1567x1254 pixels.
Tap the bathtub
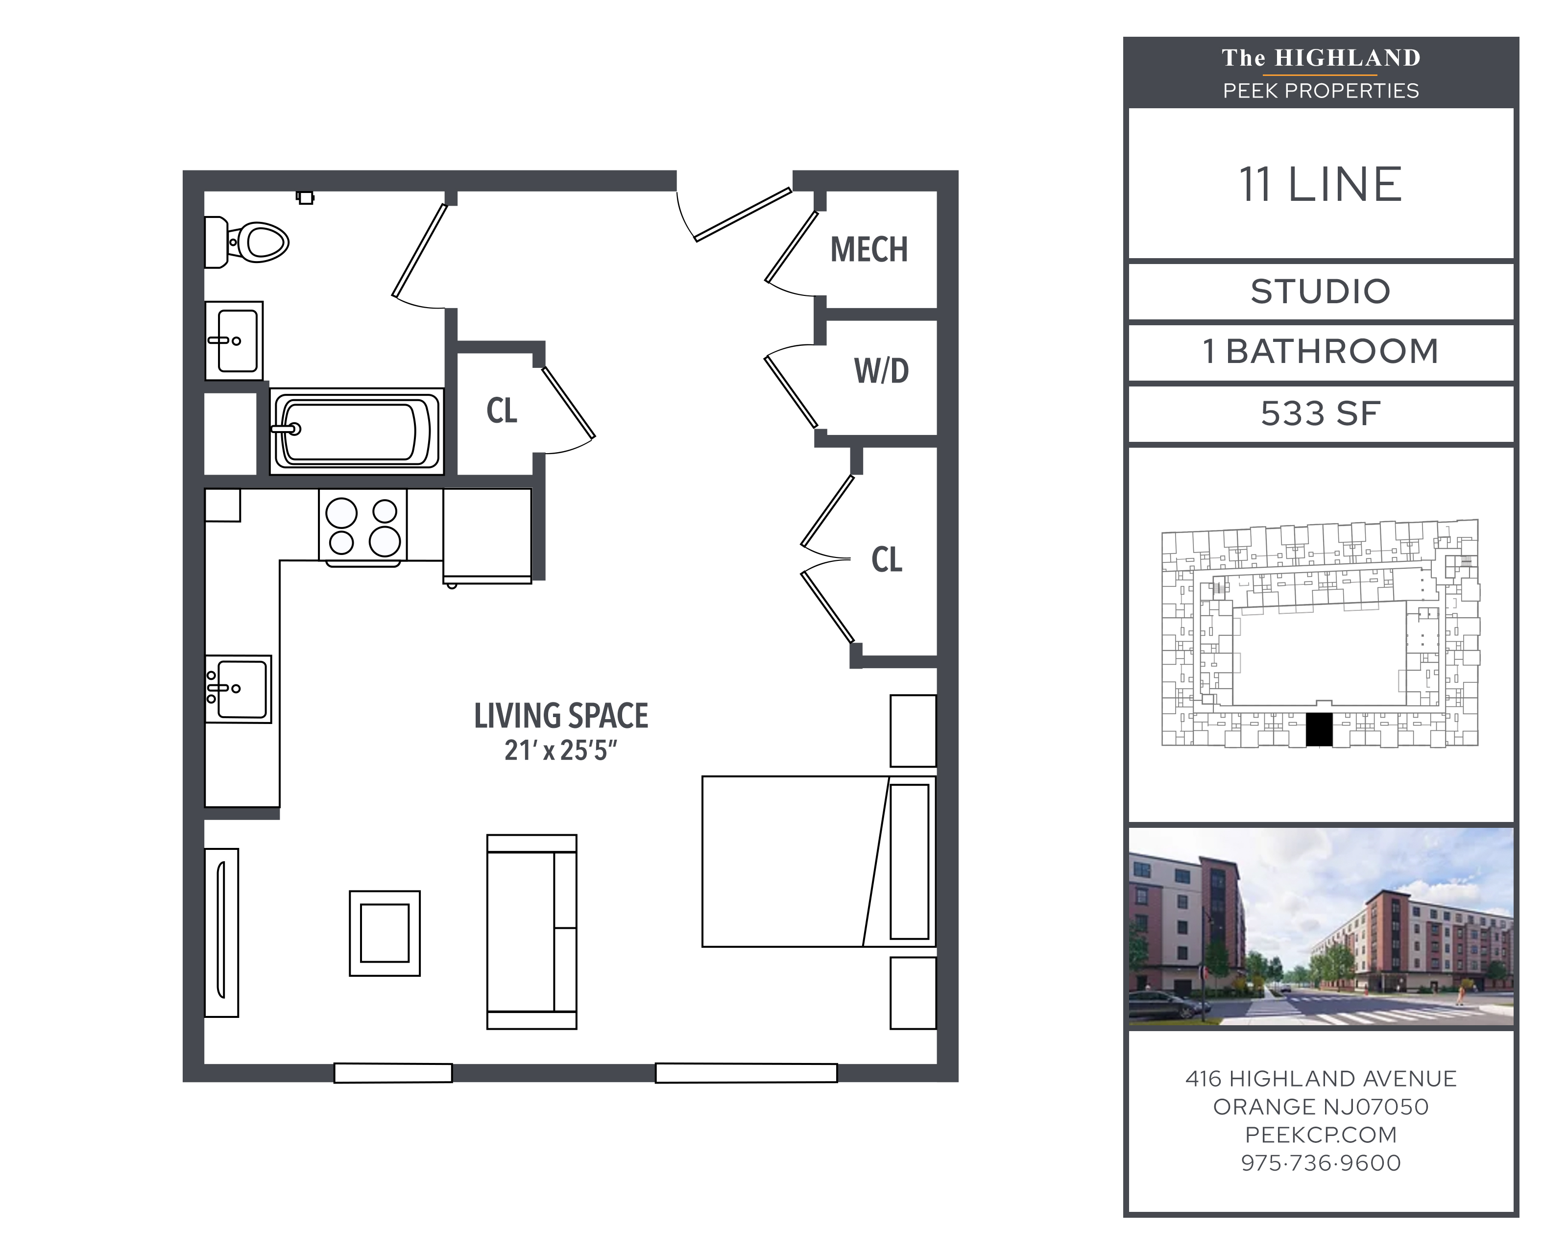point(356,431)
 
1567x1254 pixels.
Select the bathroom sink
point(234,341)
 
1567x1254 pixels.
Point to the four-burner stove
point(362,526)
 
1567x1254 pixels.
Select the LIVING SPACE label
point(561,716)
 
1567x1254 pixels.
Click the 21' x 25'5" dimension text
point(561,750)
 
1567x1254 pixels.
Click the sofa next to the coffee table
point(532,932)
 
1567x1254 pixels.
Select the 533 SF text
point(1321,413)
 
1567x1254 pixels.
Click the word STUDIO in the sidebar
point(1321,291)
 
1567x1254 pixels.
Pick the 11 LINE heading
point(1321,185)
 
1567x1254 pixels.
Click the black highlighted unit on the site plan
point(1319,729)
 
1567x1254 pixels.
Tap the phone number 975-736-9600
point(1321,1162)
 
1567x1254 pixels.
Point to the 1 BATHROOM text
point(1321,352)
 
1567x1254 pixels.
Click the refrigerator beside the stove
point(487,536)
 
